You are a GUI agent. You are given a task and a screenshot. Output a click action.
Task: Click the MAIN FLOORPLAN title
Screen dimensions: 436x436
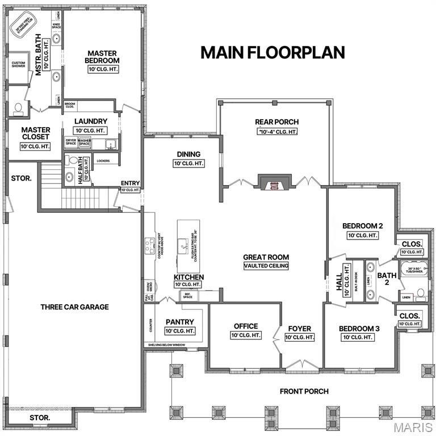point(272,52)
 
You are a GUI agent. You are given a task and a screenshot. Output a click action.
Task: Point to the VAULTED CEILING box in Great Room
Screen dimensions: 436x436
point(266,266)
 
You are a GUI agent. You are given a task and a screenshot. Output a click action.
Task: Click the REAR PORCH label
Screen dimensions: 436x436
point(276,121)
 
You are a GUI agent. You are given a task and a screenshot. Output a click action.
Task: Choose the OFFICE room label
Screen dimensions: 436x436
point(246,326)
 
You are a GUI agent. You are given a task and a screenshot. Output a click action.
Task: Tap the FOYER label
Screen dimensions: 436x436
point(299,328)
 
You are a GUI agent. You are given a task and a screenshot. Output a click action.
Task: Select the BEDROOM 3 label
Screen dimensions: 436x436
point(359,329)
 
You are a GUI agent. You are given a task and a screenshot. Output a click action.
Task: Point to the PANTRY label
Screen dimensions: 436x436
point(180,322)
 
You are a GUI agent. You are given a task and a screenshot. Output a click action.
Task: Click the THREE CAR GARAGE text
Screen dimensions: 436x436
point(74,307)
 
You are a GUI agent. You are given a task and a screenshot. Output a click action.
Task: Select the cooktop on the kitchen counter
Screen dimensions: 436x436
point(150,246)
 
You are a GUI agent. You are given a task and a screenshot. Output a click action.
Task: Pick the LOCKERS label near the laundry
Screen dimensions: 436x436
point(103,161)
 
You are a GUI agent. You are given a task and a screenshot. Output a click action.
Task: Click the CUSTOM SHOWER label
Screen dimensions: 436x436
point(19,65)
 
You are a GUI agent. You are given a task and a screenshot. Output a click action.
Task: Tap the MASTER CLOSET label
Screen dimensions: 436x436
point(36,133)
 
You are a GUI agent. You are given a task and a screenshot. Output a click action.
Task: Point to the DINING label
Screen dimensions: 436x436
point(188,154)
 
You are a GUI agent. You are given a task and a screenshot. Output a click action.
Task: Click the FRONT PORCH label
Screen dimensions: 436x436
point(304,392)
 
